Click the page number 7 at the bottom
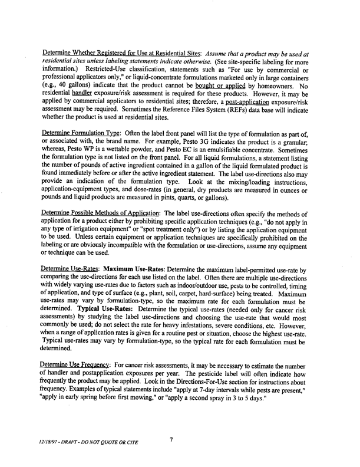[170, 439]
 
